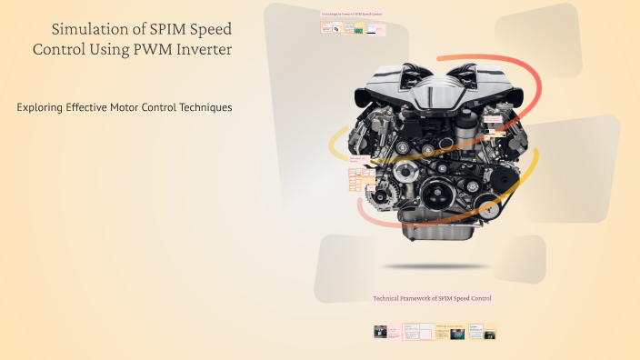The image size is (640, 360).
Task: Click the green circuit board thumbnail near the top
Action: [x=358, y=30]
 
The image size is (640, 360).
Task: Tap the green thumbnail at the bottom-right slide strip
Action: [x=490, y=335]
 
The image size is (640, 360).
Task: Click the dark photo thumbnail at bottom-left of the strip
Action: [x=381, y=334]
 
